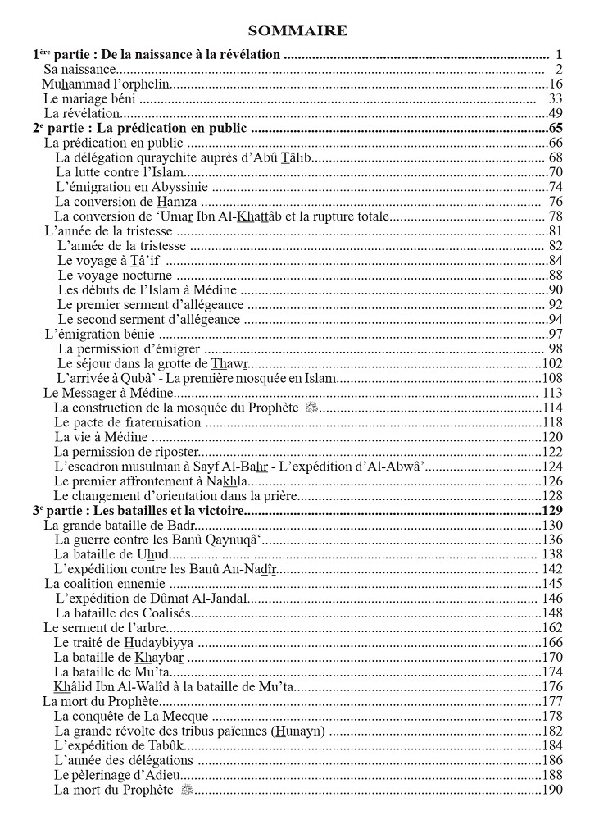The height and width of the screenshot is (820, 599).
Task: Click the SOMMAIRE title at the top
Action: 297,31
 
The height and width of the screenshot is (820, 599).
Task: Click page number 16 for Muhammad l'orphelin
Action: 555,84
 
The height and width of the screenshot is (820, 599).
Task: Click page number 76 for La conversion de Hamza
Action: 555,202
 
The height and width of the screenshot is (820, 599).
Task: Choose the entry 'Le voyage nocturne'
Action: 115,275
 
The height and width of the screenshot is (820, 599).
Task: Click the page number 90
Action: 555,289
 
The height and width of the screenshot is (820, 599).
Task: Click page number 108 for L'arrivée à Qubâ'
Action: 552,378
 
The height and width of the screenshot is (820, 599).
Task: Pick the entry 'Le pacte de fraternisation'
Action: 127,422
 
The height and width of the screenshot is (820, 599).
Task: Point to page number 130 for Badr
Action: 552,525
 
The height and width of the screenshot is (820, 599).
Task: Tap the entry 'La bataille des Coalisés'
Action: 122,613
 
